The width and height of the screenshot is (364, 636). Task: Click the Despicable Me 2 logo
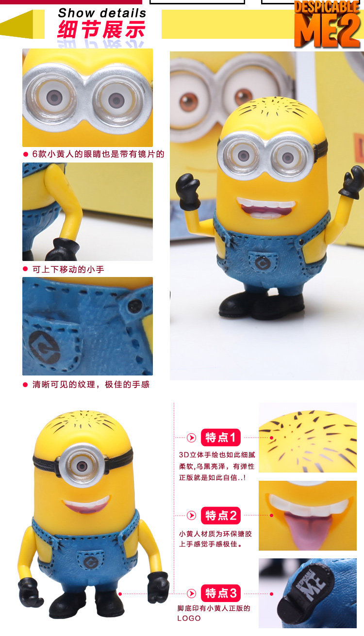[328, 24]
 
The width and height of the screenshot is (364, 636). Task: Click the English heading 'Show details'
[102, 13]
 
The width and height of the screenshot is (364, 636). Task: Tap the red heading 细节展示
[101, 30]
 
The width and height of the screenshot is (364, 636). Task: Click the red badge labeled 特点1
[221, 438]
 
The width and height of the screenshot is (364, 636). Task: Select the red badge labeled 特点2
[221, 515]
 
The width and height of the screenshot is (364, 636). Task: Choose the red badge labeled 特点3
[221, 593]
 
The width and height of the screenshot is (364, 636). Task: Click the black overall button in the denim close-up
[135, 306]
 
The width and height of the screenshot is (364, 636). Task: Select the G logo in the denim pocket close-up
[44, 347]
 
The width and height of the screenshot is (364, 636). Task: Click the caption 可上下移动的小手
[68, 269]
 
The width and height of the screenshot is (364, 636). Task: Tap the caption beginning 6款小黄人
[98, 154]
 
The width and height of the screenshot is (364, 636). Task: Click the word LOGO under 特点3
[189, 618]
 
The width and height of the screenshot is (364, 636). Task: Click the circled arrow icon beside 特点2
[192, 515]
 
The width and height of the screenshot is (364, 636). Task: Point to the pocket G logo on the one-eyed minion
[91, 562]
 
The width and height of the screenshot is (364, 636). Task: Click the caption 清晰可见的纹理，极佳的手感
[91, 384]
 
